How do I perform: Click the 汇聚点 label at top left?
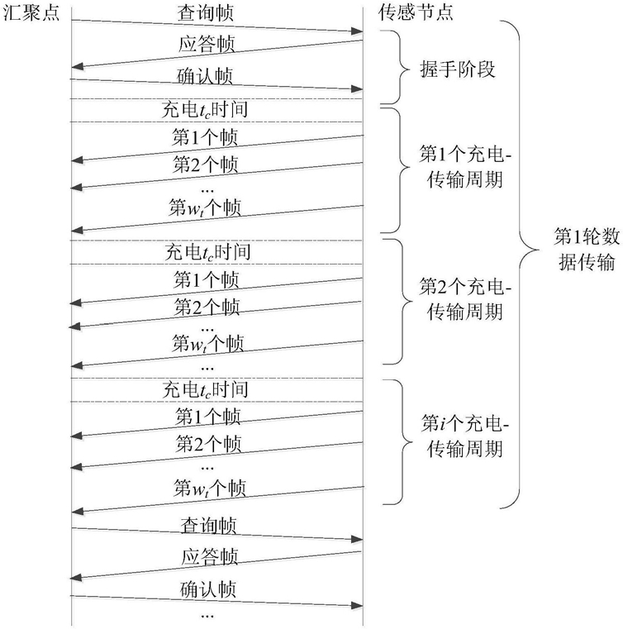(31, 12)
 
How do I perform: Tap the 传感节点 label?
(416, 12)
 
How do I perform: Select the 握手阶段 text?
(458, 69)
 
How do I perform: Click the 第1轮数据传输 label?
(587, 250)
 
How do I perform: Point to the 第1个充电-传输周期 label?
(465, 167)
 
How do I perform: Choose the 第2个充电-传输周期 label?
(465, 299)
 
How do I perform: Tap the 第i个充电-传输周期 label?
(464, 436)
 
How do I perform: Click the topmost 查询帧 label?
(205, 13)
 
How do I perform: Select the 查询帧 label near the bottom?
(208, 526)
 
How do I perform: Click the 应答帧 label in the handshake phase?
(207, 44)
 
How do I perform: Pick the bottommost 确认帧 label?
(207, 588)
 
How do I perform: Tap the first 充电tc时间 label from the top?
(205, 109)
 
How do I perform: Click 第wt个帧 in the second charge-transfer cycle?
(207, 343)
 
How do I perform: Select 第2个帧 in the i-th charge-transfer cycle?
(208, 444)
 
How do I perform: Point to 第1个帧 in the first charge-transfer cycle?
(205, 137)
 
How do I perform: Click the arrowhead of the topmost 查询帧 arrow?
(357, 31)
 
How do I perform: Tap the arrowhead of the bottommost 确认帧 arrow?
(357, 605)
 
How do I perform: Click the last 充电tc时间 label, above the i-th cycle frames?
(205, 389)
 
